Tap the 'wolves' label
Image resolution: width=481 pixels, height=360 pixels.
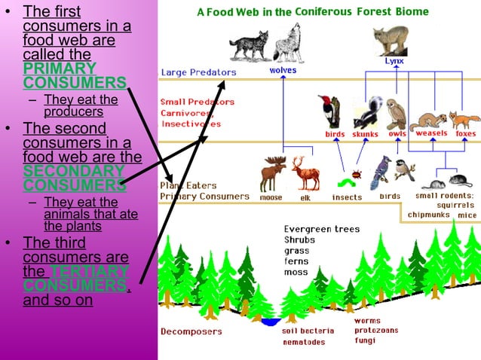(x=283, y=70)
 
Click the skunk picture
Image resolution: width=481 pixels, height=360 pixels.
(x=367, y=113)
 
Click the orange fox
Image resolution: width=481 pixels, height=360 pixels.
(x=464, y=120)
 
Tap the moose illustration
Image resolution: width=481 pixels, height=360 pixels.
(x=271, y=174)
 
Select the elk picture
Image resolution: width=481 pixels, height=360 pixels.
(x=305, y=174)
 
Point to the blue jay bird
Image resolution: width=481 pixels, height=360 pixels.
(x=384, y=169)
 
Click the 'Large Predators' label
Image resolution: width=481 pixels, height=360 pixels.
(x=198, y=72)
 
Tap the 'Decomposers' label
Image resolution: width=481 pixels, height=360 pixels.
(x=191, y=331)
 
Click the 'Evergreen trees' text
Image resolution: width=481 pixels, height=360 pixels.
(x=322, y=229)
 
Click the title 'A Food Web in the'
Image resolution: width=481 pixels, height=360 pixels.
(x=244, y=12)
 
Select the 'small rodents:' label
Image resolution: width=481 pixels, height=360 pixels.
(x=445, y=194)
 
